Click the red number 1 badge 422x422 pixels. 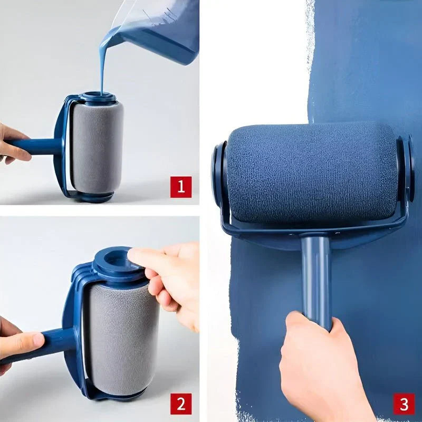pos(180,187)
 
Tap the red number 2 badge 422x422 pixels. pos(180,405)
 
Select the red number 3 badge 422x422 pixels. pos(403,405)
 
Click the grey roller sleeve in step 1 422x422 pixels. pos(97,148)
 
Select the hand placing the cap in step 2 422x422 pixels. pos(169,280)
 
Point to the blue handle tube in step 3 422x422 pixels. pos(316,274)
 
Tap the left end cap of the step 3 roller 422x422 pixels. pos(218,174)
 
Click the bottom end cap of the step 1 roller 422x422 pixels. pos(95,196)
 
